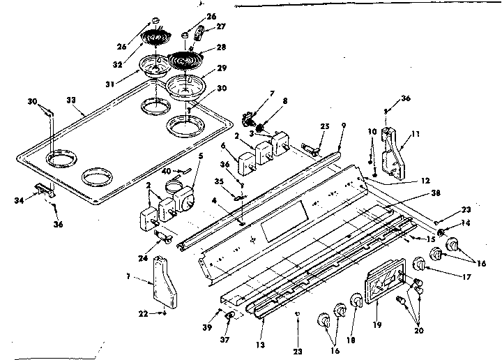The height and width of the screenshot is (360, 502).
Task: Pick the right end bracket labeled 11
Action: click(x=395, y=155)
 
